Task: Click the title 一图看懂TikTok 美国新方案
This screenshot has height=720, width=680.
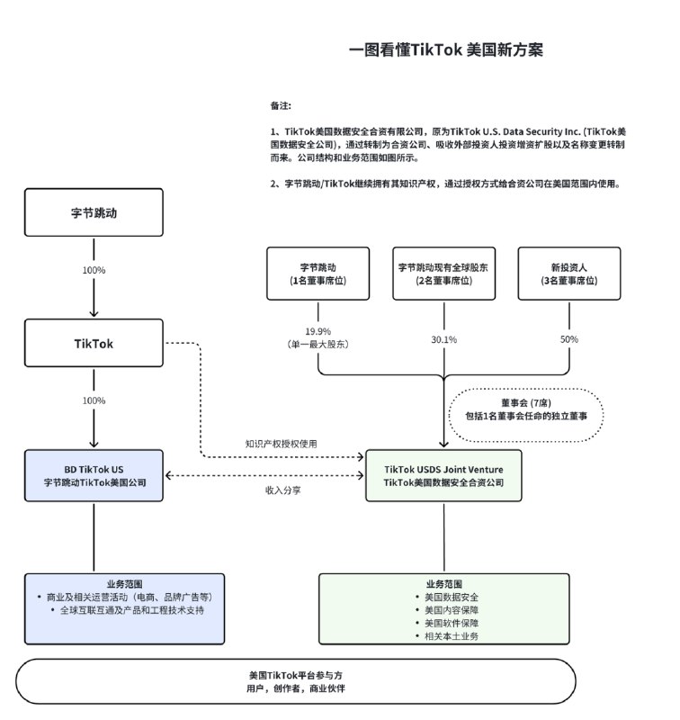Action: pyautogui.click(x=446, y=50)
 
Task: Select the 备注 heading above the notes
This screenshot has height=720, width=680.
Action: pyautogui.click(x=281, y=105)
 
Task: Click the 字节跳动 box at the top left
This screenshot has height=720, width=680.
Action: pyautogui.click(x=94, y=213)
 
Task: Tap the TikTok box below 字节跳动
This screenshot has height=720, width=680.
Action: pyautogui.click(x=94, y=343)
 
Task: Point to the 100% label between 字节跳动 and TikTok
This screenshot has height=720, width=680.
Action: pyautogui.click(x=94, y=270)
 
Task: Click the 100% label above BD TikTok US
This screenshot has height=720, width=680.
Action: pyautogui.click(x=94, y=400)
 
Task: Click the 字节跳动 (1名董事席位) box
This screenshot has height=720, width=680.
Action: pyautogui.click(x=318, y=274)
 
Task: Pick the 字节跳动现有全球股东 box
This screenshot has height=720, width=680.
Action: pyautogui.click(x=443, y=274)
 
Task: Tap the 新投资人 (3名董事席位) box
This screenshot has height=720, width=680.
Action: pyautogui.click(x=569, y=274)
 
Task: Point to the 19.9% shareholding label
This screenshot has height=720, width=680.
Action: pyautogui.click(x=318, y=330)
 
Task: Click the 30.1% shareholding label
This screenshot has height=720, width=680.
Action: pyautogui.click(x=443, y=339)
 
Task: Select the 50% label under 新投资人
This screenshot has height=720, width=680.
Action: pyautogui.click(x=569, y=339)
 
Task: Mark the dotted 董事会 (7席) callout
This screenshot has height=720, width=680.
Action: pyautogui.click(x=526, y=414)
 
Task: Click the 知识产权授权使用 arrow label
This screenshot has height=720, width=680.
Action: pyautogui.click(x=281, y=444)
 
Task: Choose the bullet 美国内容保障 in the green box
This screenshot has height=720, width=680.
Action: pyautogui.click(x=444, y=609)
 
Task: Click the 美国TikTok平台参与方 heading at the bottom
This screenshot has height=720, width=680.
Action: pyautogui.click(x=296, y=674)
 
